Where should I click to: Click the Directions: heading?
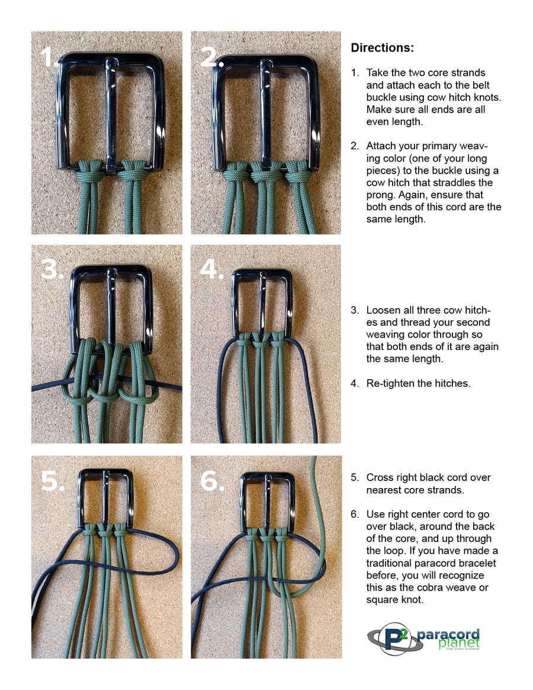(x=382, y=48)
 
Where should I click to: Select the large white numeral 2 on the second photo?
(x=210, y=57)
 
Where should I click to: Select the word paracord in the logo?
(x=448, y=634)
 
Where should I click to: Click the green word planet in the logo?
(x=458, y=644)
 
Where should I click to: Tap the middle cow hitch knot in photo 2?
(x=266, y=172)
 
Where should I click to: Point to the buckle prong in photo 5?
(x=105, y=498)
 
